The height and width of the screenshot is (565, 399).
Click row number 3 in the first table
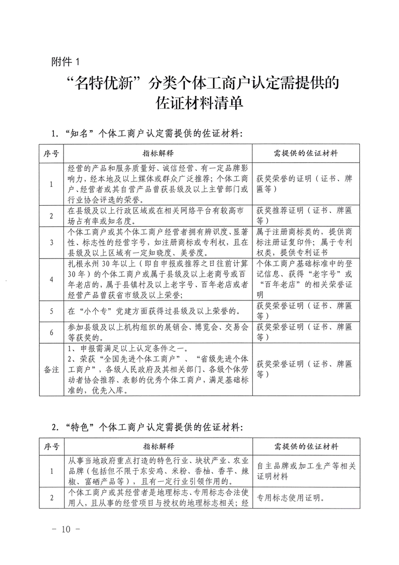coord(52,242)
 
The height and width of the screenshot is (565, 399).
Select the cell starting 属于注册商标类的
coord(306,242)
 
